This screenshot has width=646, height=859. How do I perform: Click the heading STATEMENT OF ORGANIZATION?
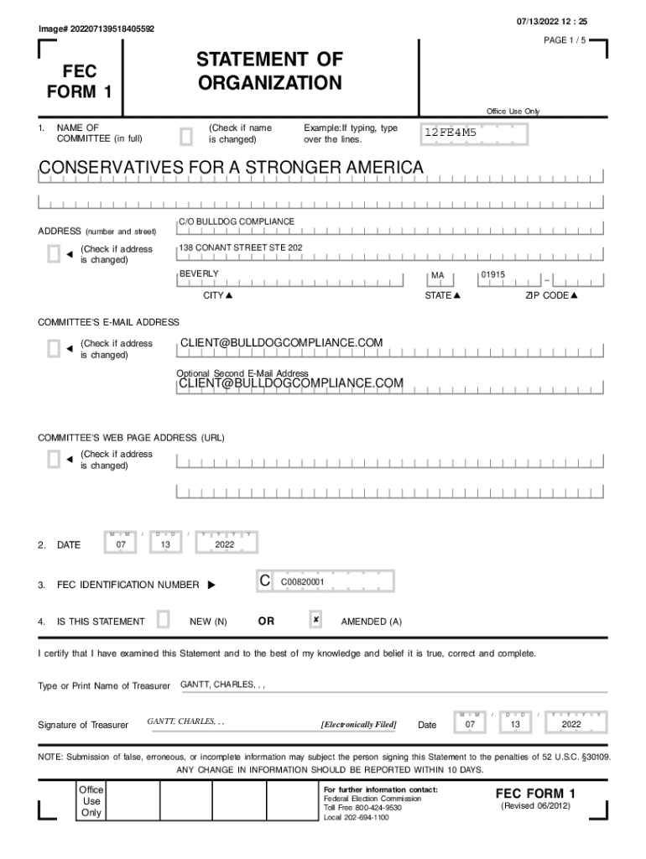[269, 71]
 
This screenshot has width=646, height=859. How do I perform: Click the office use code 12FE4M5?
[451, 133]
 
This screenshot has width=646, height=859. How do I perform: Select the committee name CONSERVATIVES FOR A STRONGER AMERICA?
[231, 169]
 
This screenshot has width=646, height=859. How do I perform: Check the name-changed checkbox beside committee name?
[186, 135]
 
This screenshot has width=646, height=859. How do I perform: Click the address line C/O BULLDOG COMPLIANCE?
[237, 221]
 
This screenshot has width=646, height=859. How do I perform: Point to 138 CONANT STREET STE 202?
[242, 247]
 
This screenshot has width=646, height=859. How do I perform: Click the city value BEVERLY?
[199, 274]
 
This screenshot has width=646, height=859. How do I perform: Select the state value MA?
[437, 275]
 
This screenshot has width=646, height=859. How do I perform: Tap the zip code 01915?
[493, 275]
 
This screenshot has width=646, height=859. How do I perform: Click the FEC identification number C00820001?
[303, 581]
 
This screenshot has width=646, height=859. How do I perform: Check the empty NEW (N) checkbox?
[164, 620]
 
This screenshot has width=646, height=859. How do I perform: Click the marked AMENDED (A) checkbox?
[315, 620]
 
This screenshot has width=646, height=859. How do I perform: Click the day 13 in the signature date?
[516, 723]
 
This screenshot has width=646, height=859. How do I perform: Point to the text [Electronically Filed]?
[358, 724]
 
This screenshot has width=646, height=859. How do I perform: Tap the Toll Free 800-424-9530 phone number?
[362, 808]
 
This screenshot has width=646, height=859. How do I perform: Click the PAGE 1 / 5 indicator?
[565, 40]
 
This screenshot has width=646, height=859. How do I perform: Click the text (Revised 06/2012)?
[535, 806]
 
